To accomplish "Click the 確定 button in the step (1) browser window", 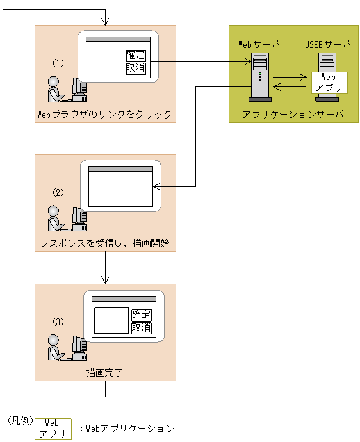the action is (136, 55).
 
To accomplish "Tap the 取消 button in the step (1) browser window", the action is (136, 69).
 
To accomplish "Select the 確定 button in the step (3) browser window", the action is (142, 315).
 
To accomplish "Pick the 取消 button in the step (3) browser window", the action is (142, 328).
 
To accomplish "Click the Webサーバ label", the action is (259, 45).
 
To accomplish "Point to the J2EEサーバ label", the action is (328, 45).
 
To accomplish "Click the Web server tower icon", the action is (260, 77).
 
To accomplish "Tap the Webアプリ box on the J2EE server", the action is (329, 82).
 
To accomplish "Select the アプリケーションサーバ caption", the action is (293, 114).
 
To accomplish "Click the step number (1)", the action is (58, 63).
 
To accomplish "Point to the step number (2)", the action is (58, 193).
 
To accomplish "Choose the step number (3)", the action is (58, 322).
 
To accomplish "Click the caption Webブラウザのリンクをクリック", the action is (104, 114).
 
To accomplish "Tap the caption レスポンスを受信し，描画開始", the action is (105, 243).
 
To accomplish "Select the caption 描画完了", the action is (104, 373).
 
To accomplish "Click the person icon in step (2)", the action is (55, 218).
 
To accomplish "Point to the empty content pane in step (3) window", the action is (111, 320).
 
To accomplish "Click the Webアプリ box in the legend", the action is (53, 429).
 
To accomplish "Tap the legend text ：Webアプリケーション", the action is (127, 429).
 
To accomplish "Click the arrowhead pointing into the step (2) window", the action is (157, 186).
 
